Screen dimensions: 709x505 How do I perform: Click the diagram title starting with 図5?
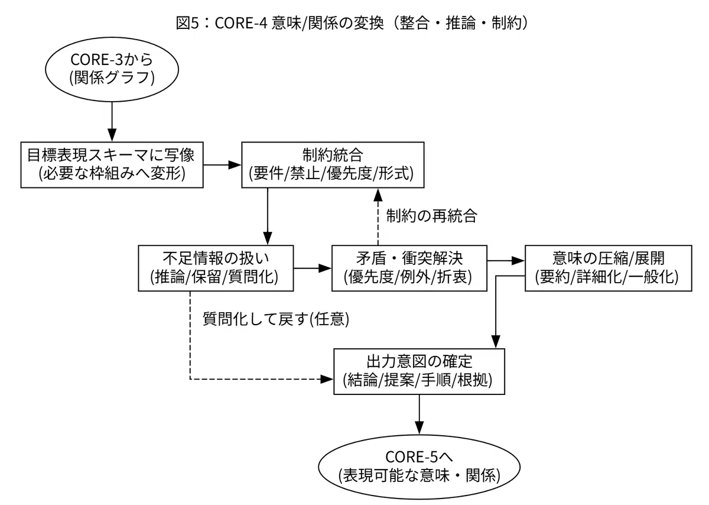[352, 23]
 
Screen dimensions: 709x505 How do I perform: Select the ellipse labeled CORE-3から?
[112, 69]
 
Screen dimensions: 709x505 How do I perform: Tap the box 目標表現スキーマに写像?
[112, 165]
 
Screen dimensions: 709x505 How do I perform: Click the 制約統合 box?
[333, 165]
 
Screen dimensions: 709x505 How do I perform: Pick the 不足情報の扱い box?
[216, 268]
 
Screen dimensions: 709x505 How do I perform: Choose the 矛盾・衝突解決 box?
[409, 268]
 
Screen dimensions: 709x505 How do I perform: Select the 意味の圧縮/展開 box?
[609, 268]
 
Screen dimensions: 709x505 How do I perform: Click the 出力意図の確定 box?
[419, 371]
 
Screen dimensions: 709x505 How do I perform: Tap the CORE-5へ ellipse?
[419, 467]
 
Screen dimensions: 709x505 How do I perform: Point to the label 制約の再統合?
[431, 216]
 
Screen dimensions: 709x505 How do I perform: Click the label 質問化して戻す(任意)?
[276, 319]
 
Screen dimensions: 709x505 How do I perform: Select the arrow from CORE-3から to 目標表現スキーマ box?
[112, 122]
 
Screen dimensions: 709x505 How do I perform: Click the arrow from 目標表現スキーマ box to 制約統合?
[222, 165]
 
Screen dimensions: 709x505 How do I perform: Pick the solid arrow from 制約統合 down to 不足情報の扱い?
[268, 216]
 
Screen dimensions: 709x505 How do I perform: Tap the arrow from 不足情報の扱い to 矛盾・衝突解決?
[313, 268]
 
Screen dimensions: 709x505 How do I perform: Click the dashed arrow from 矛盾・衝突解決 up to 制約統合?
[378, 216]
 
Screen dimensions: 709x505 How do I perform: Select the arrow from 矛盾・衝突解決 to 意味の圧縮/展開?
[506, 261]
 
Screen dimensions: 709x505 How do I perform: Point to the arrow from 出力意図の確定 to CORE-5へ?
[419, 415]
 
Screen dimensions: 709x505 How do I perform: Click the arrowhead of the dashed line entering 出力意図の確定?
[327, 379]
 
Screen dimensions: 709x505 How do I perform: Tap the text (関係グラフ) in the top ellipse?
[112, 78]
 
